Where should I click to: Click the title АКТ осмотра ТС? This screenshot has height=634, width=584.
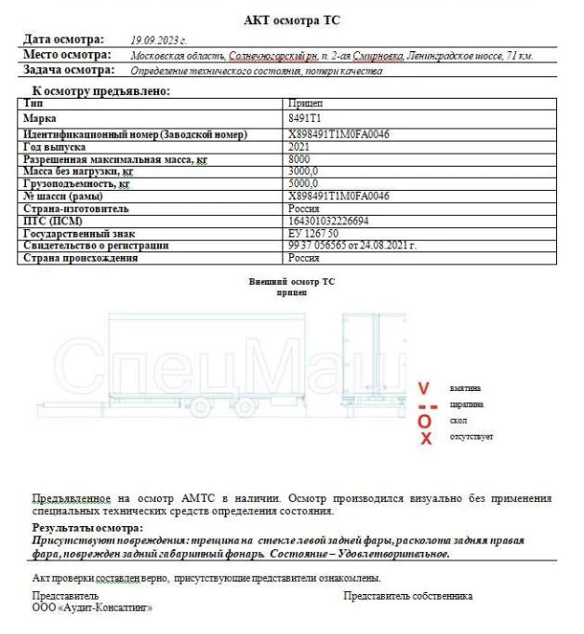coord(291,20)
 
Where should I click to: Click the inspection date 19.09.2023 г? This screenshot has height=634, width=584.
coord(159,41)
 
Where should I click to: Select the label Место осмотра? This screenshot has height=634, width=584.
coord(68,55)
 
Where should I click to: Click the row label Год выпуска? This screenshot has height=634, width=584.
coord(55,147)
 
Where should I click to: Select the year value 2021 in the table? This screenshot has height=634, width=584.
coord(300,147)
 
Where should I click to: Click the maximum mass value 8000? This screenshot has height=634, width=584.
coord(300,159)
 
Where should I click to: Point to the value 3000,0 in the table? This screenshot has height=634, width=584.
coord(304,171)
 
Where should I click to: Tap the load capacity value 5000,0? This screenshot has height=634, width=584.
coord(304,184)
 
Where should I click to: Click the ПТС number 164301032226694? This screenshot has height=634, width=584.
coord(329,221)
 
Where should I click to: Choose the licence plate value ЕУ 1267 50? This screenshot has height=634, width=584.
coord(313,233)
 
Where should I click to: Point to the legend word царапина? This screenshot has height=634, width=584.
coord(466,404)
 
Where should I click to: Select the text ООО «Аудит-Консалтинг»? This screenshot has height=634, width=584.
coord(92,608)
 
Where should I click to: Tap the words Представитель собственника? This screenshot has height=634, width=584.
coord(407,596)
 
